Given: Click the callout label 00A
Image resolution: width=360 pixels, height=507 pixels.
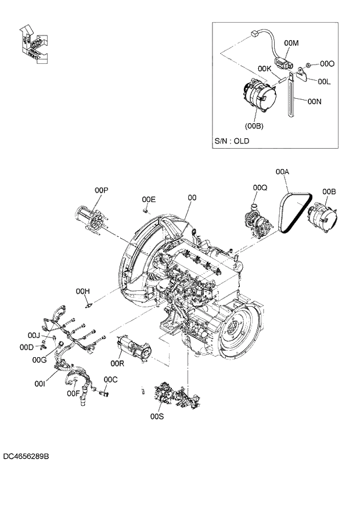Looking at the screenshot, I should tap(282, 172).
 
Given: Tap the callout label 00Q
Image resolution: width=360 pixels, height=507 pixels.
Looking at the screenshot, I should tap(260, 188).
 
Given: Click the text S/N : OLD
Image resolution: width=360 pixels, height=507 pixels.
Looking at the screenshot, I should tap(232, 141).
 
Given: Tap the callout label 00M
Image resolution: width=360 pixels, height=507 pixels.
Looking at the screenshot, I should tap(291, 43).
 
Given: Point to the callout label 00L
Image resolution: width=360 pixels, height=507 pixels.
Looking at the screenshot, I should tap(323, 82).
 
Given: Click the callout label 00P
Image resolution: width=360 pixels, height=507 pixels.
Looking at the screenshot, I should tap(102, 190).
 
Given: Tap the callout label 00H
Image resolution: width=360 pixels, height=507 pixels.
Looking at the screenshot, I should tap(83, 290).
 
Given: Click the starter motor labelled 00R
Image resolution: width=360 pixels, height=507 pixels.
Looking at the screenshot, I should tap(133, 348).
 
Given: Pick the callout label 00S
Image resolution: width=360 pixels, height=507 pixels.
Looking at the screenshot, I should tap(157, 416).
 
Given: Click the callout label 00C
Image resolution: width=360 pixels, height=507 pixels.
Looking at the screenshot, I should tap(110, 379).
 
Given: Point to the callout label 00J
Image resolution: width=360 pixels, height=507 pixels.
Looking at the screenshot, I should tap(34, 335).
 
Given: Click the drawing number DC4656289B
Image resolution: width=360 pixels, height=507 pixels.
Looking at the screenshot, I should tap(26, 457).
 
